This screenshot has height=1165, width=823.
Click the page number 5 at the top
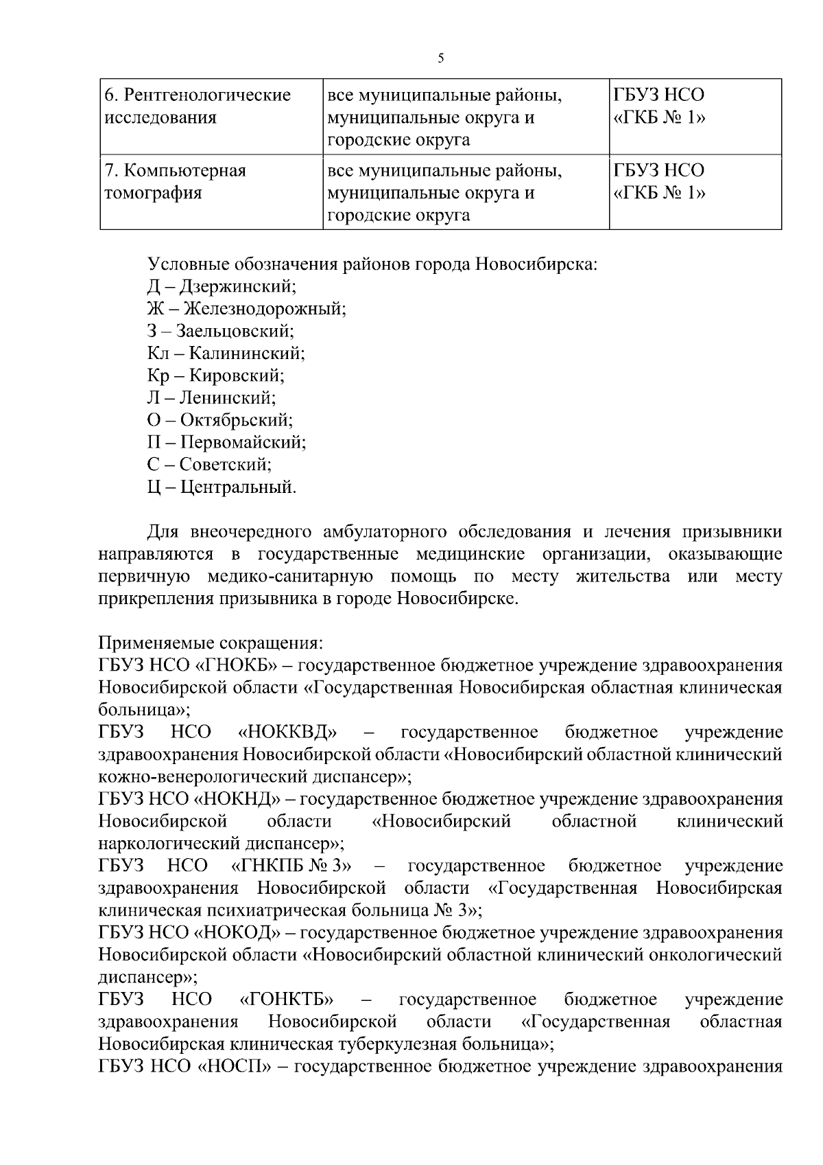[x=441, y=58]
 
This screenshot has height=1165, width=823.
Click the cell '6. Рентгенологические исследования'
[x=198, y=106]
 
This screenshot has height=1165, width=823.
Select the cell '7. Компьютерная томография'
[x=176, y=181]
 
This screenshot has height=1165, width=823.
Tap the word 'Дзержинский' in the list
[x=237, y=286]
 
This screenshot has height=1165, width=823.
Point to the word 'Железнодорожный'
[x=265, y=309]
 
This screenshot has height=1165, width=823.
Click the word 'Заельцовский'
[x=235, y=331]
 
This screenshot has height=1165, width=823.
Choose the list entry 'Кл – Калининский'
[x=226, y=354]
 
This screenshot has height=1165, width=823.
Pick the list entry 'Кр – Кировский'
[x=215, y=376]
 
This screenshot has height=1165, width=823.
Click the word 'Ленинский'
[x=228, y=397]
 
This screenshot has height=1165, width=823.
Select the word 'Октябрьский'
[x=237, y=420]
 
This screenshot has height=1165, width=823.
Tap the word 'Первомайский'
[x=243, y=442]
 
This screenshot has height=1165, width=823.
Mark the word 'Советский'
[x=226, y=465]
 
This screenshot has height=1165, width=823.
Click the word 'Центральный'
[x=239, y=487]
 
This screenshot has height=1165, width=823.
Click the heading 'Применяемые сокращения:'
[x=210, y=643]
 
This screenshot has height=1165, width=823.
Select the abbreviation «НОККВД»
[x=287, y=733]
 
